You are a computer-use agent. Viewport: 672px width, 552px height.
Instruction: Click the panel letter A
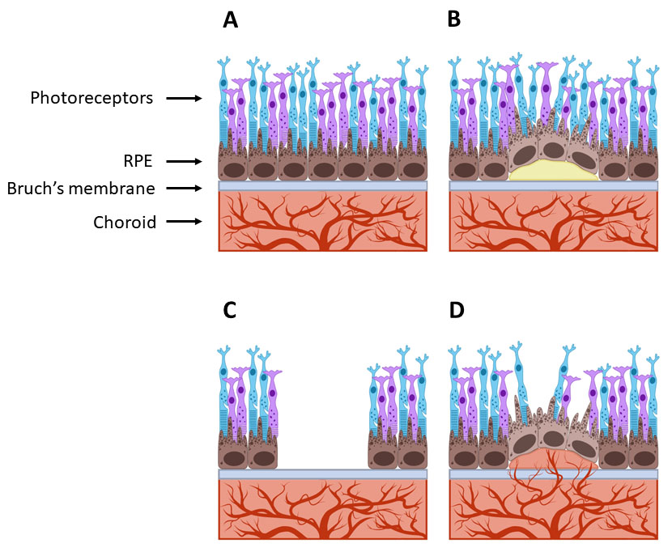click(231, 20)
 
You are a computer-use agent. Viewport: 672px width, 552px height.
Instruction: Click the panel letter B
click(453, 20)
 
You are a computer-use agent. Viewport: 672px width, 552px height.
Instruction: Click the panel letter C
click(230, 311)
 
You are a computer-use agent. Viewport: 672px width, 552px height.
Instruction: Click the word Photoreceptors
click(91, 98)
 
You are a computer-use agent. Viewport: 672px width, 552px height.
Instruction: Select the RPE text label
click(138, 161)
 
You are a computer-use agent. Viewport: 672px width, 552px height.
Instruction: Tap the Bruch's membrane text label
click(81, 189)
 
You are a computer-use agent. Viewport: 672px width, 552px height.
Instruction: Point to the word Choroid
click(124, 221)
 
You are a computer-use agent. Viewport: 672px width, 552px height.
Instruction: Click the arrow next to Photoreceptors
click(184, 98)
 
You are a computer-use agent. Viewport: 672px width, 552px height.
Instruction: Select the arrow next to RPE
click(184, 161)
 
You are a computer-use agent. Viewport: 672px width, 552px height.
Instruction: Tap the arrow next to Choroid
click(184, 221)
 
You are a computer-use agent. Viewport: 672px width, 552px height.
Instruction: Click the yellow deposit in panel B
click(553, 170)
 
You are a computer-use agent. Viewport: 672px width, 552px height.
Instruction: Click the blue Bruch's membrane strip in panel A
click(323, 186)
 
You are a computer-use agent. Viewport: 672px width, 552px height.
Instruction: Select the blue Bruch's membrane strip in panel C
click(323, 474)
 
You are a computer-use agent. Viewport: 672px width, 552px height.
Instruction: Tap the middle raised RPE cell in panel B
click(553, 150)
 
